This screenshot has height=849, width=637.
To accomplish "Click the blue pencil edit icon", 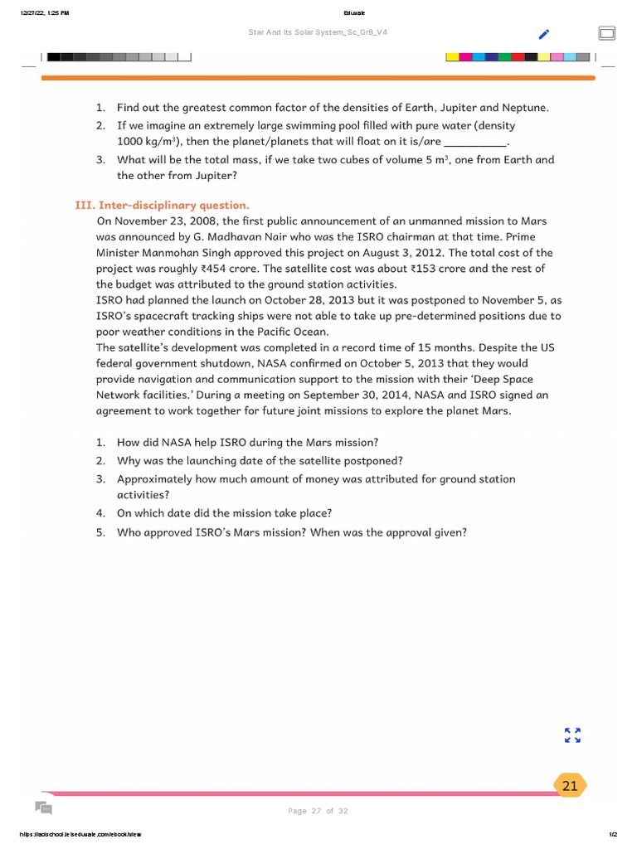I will (x=543, y=34).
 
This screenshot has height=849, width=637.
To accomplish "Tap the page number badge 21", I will (x=570, y=786).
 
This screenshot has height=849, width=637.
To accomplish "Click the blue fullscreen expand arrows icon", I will (x=572, y=735).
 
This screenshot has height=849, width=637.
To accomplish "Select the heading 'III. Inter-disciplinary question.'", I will (x=162, y=205).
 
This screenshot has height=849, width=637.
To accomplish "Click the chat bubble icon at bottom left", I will (x=44, y=808).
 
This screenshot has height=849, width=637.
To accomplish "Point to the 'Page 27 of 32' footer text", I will (x=318, y=811).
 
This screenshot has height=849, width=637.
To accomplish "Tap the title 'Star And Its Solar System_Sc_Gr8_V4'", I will (x=318, y=33).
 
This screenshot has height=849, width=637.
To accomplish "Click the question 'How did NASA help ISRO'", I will (x=247, y=443).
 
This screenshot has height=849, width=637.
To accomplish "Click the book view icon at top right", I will (x=606, y=33).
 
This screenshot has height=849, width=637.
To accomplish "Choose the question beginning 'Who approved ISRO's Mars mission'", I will (x=291, y=531).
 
